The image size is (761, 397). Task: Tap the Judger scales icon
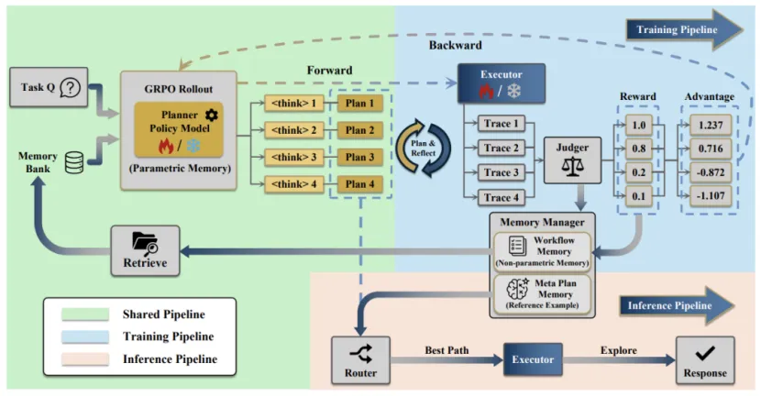(x=571, y=171)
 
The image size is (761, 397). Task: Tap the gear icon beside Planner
(x=213, y=115)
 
